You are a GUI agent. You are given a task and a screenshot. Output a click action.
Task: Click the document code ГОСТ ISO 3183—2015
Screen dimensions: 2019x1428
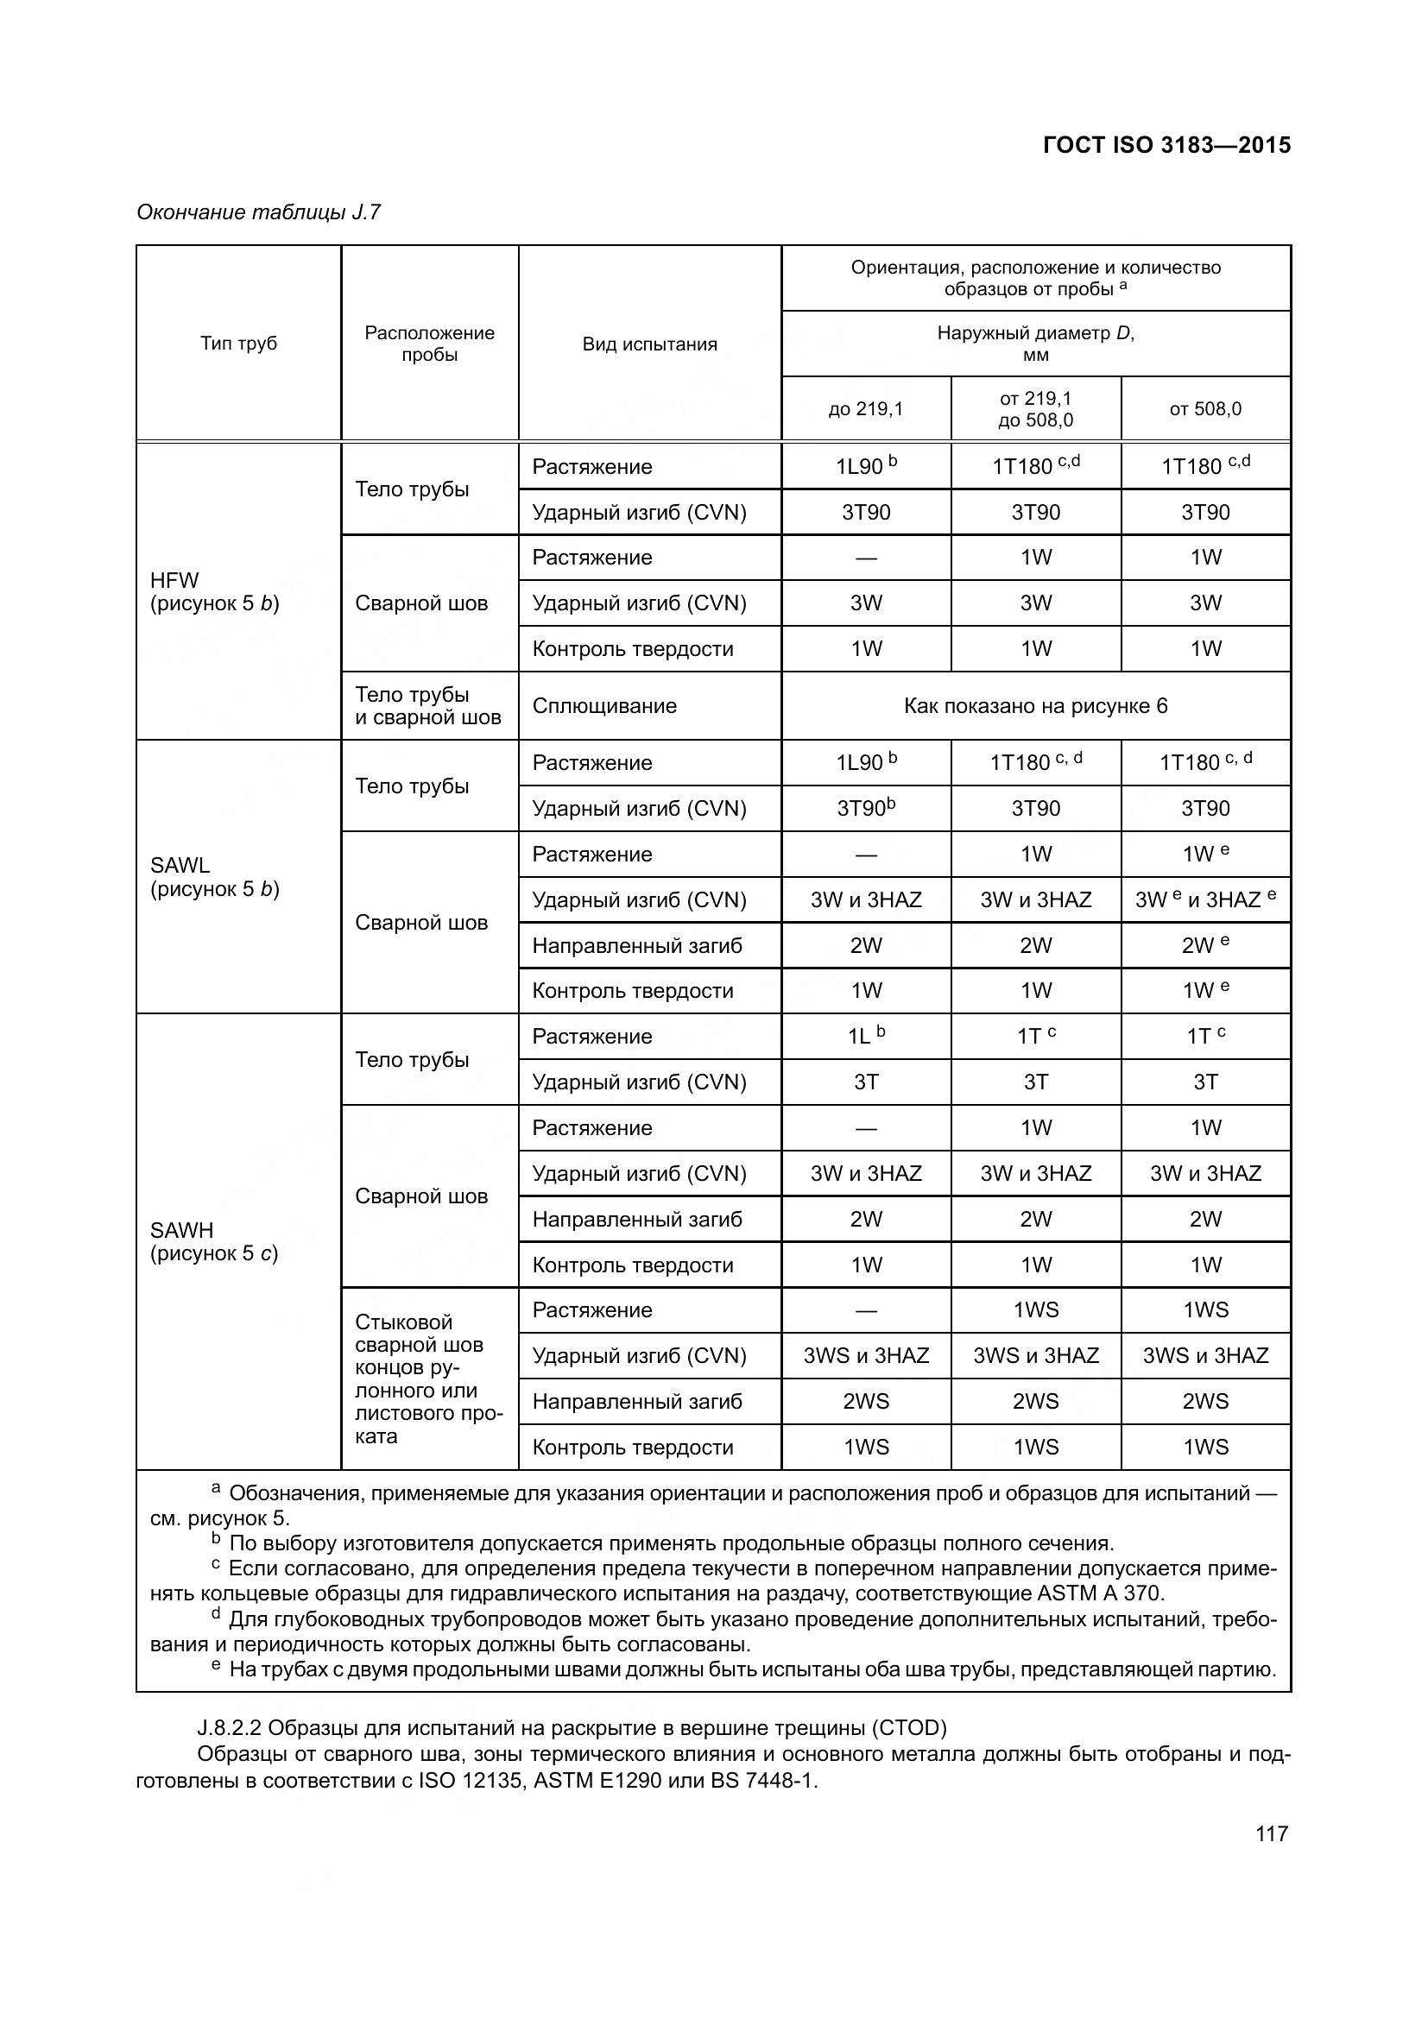pyautogui.click(x=1166, y=145)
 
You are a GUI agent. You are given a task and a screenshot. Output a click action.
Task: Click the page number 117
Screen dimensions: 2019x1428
pyautogui.click(x=1272, y=1833)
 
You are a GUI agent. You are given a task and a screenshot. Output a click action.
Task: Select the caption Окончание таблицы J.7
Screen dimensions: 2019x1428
pyautogui.click(x=258, y=212)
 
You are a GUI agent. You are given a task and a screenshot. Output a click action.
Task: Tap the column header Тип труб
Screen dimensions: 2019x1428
pyautogui.click(x=238, y=343)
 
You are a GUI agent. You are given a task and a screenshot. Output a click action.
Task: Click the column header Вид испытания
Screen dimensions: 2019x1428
pyautogui.click(x=649, y=344)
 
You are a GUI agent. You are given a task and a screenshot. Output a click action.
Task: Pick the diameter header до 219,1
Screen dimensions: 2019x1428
pyautogui.click(x=865, y=409)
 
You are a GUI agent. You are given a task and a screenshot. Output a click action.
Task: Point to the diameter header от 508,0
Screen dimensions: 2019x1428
pyautogui.click(x=1204, y=409)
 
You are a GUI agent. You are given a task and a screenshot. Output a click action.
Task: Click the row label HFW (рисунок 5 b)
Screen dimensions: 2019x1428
pyautogui.click(x=215, y=592)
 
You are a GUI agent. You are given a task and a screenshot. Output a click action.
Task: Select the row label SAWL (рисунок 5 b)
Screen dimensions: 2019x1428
pyautogui.click(x=215, y=877)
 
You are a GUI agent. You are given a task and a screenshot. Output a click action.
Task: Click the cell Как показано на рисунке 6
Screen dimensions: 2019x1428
pyautogui.click(x=1035, y=706)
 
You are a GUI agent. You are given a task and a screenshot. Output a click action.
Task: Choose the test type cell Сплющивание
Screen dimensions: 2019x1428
pyautogui.click(x=604, y=706)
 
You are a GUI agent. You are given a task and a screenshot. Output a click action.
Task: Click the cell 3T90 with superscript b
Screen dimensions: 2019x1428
pyautogui.click(x=865, y=808)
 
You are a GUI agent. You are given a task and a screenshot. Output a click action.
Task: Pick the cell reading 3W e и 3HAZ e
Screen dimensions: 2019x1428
pyautogui.click(x=1204, y=899)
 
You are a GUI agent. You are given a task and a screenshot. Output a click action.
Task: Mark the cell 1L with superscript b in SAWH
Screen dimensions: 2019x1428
pyautogui.click(x=865, y=1036)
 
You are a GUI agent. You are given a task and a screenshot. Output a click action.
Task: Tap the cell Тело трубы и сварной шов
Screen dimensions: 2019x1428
pyautogui.click(x=428, y=706)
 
